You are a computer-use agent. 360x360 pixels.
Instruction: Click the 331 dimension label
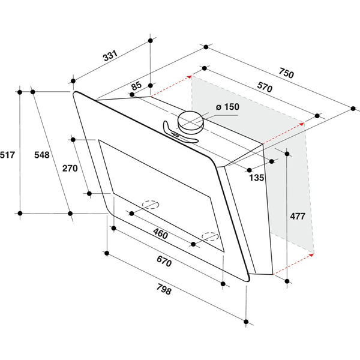pyautogui.click(x=110, y=55)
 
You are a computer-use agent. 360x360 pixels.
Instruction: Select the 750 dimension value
pyautogui.click(x=286, y=73)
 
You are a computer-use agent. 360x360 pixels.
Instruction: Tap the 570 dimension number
pyautogui.click(x=265, y=87)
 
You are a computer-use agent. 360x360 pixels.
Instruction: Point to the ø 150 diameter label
pyautogui.click(x=227, y=107)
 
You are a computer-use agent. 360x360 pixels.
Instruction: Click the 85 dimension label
pyautogui.click(x=137, y=86)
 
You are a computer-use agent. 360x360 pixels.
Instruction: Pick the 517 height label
pyautogui.click(x=7, y=155)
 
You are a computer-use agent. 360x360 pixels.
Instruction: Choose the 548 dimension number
pyautogui.click(x=42, y=155)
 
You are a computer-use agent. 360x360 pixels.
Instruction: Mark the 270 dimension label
pyautogui.click(x=70, y=168)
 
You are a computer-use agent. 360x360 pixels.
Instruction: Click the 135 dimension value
pyautogui.click(x=257, y=178)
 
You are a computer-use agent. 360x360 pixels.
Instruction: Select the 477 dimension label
pyautogui.click(x=298, y=216)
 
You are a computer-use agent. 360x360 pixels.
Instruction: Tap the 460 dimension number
pyautogui.click(x=160, y=234)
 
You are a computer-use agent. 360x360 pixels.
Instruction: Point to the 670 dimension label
pyautogui.click(x=164, y=261)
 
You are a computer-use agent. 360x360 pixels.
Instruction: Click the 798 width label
pyautogui.click(x=164, y=289)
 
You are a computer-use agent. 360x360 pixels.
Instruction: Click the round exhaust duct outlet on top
pyautogui.click(x=190, y=122)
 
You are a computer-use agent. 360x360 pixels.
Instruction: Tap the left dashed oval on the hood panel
pyautogui.click(x=151, y=205)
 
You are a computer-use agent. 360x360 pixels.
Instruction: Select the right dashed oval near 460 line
pyautogui.click(x=210, y=236)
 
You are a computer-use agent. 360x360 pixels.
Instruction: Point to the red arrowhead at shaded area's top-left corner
pyautogui.click(x=190, y=77)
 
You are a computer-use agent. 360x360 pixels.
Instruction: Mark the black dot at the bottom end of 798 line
pyautogui.click(x=246, y=322)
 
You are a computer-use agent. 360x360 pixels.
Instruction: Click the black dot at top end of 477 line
pyautogui.click(x=287, y=154)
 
